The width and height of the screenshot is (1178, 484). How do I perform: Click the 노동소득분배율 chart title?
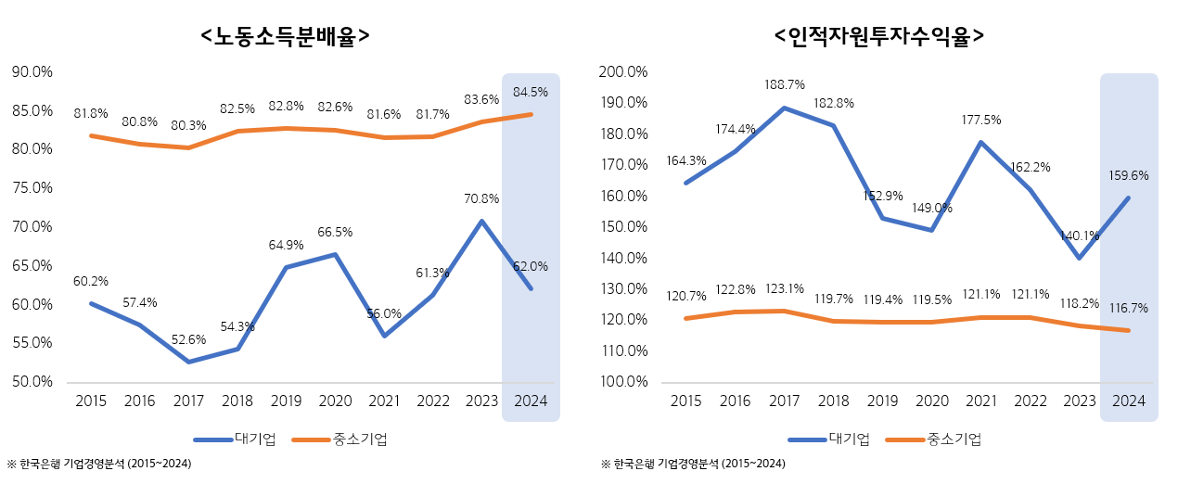tap(286, 36)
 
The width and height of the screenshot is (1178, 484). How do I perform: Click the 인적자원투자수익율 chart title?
tap(878, 36)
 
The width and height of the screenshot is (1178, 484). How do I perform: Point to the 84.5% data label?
tap(531, 92)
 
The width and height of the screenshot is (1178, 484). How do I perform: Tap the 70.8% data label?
tap(481, 198)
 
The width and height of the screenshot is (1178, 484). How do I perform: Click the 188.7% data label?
tap(785, 84)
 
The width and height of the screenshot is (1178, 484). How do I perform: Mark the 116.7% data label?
tap(1129, 306)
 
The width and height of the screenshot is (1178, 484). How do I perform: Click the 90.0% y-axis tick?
tap(32, 71)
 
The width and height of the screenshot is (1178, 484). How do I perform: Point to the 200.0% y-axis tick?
tap(624, 71)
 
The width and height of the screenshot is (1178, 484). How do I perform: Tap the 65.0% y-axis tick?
tap(32, 265)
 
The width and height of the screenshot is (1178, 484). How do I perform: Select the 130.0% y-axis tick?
tap(624, 288)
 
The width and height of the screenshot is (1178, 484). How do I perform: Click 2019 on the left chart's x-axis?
tap(285, 401)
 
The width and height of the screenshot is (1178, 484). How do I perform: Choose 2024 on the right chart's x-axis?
tap(1129, 401)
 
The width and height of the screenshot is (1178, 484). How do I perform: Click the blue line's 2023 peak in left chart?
tap(481, 221)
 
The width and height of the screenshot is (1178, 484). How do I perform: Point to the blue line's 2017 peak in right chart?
tap(785, 108)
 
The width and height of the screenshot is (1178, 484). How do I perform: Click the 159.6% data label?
tap(1129, 174)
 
